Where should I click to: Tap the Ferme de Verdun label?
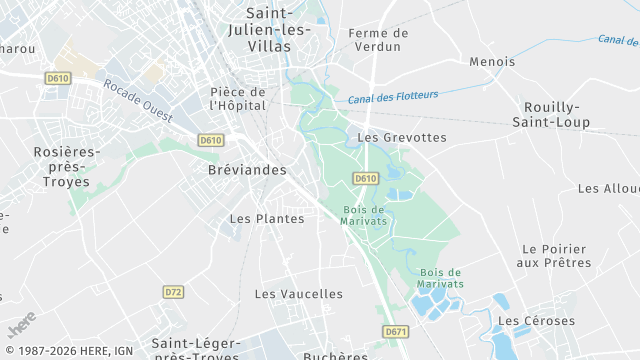(x=375, y=40)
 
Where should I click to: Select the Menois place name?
(x=492, y=62)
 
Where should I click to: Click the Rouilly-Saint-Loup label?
(x=557, y=114)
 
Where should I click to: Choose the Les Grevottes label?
(x=402, y=137)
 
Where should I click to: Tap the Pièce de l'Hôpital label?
(x=238, y=98)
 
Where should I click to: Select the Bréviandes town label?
(x=247, y=170)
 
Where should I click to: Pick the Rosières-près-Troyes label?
(x=61, y=167)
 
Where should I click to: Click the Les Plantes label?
(x=267, y=218)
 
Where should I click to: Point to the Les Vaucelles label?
(x=298, y=294)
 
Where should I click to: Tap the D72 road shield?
(x=174, y=292)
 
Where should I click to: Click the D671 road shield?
(x=395, y=331)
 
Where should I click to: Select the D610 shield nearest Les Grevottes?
(x=366, y=178)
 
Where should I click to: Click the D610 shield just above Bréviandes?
(x=210, y=141)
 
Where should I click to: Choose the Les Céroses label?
(x=536, y=321)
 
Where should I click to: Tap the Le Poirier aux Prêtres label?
(x=554, y=256)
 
